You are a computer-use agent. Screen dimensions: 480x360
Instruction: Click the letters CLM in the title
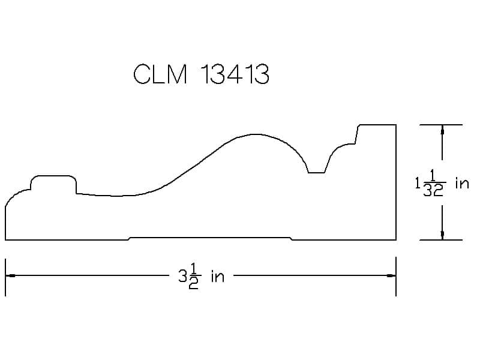pyautogui.click(x=160, y=74)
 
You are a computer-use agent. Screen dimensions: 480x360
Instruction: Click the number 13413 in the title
pyautogui.click(x=235, y=74)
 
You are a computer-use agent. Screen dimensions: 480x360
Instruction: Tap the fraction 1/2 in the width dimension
pyautogui.click(x=194, y=276)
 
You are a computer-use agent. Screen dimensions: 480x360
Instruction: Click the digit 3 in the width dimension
pyautogui.click(x=182, y=276)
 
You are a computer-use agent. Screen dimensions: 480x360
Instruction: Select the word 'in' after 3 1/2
pyautogui.click(x=218, y=276)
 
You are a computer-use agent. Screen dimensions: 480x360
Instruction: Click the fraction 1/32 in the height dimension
pyautogui.click(x=434, y=183)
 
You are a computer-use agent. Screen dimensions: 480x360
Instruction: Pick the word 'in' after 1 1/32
pyautogui.click(x=462, y=183)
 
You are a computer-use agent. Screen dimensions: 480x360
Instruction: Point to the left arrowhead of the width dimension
pyautogui.click(x=10, y=276)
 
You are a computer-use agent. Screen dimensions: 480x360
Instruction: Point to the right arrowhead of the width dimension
pyautogui.click(x=391, y=276)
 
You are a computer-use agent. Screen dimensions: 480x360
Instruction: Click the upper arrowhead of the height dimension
pyautogui.click(x=442, y=130)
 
